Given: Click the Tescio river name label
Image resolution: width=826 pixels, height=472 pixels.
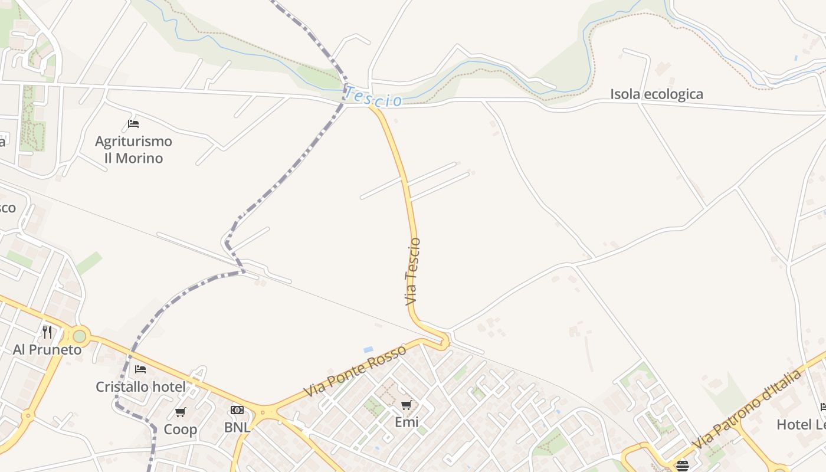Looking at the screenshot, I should [x=373, y=97].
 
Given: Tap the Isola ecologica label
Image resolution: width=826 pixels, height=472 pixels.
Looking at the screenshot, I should [x=656, y=94].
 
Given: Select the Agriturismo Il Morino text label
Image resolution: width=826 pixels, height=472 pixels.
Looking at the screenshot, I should [x=133, y=149].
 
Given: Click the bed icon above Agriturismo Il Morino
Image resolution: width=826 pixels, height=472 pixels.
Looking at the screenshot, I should [x=133, y=124].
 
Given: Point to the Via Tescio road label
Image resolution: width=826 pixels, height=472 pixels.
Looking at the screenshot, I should [x=413, y=271].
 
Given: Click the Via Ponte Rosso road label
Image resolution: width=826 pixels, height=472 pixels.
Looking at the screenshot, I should [x=355, y=371].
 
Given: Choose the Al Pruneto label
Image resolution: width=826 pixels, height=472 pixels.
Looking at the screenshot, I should [x=47, y=349].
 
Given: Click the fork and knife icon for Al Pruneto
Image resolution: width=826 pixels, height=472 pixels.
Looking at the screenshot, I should [x=47, y=332].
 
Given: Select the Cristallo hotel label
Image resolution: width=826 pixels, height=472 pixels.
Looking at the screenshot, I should [x=140, y=386].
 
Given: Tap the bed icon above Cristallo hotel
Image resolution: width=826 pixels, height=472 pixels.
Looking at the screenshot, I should [x=140, y=369].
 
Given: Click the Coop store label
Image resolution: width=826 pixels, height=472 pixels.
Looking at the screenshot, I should [x=180, y=429].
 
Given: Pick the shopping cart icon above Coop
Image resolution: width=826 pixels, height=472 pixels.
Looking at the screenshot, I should [x=181, y=412].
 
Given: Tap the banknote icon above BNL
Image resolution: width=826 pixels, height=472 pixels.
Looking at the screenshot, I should [x=237, y=410].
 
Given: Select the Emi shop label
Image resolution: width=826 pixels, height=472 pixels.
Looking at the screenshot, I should [x=406, y=422].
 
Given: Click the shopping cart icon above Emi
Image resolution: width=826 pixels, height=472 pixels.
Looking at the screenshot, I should [x=406, y=405].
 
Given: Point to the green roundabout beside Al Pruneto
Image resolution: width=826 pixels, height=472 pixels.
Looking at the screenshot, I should [x=79, y=336].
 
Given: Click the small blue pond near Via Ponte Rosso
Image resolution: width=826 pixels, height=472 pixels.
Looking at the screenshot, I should [x=368, y=349].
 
